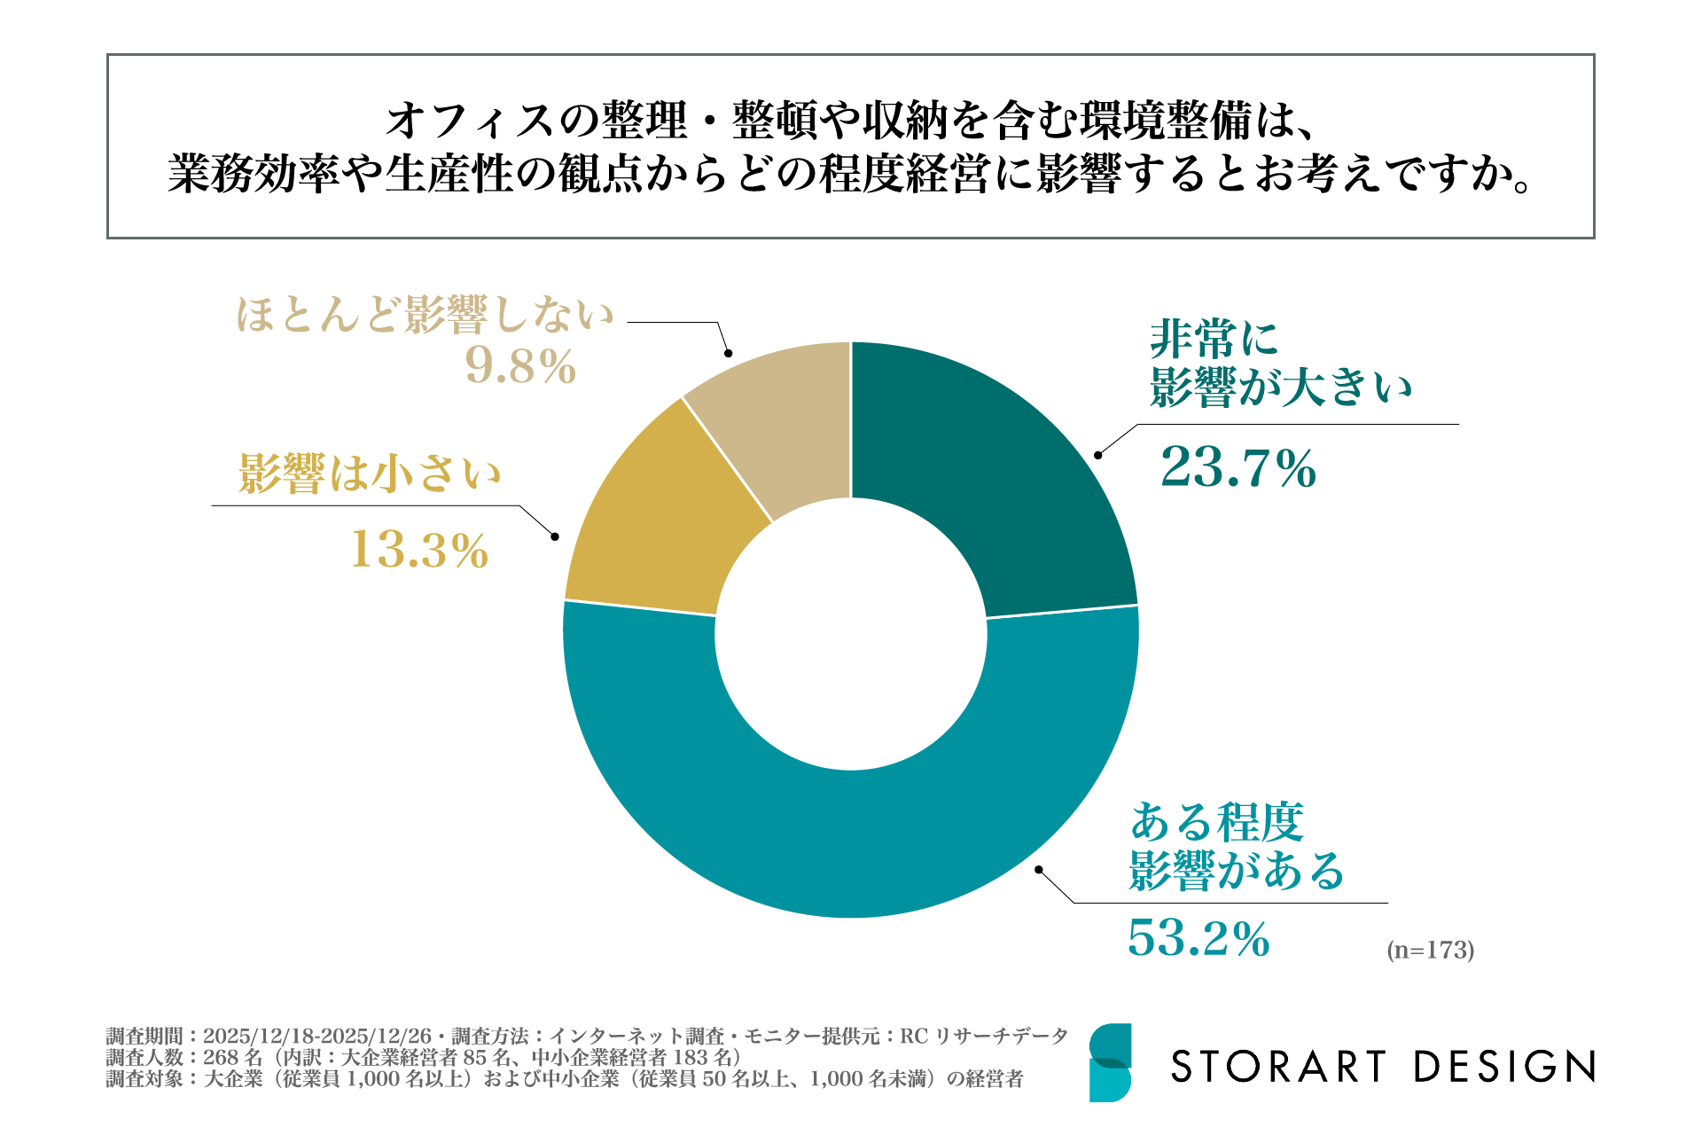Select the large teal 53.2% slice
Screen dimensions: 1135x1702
[x=851, y=842]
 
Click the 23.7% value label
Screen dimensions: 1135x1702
[x=1237, y=467]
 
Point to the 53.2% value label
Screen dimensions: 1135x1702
[x=1198, y=938]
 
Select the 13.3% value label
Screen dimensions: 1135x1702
[x=419, y=550]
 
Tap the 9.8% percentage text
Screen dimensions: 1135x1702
[x=521, y=365]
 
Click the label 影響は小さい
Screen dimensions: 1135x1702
[x=370, y=473]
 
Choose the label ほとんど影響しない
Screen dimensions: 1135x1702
[x=425, y=315]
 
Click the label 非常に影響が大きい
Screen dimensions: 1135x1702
[x=1280, y=364]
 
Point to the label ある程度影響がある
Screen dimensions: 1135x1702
[x=1236, y=847]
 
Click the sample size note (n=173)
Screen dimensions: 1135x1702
[x=1430, y=950]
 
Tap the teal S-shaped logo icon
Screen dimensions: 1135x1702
[x=1110, y=1062]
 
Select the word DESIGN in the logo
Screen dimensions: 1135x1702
[x=1504, y=1067]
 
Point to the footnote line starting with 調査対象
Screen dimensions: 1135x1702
[x=565, y=1079]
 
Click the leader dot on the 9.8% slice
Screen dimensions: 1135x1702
[x=729, y=353]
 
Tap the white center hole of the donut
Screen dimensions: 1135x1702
[x=851, y=634]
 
